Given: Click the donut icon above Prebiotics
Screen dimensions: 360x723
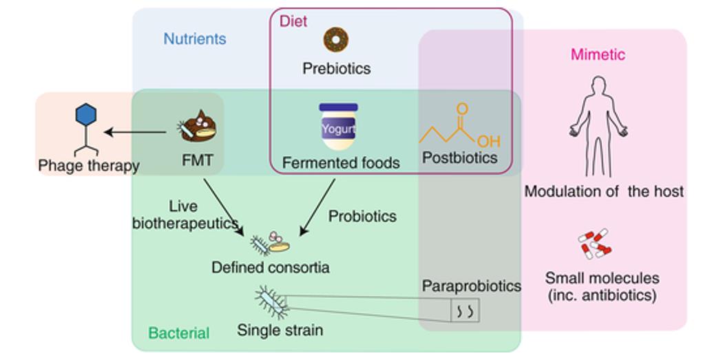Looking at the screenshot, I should (x=336, y=40).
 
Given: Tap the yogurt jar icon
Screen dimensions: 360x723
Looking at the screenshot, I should (x=338, y=127).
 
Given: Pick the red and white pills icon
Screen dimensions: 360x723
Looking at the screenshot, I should (x=594, y=244).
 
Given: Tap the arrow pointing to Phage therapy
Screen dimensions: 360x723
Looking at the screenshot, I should (x=135, y=132).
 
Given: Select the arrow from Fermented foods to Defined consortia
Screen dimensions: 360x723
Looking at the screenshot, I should (x=317, y=207).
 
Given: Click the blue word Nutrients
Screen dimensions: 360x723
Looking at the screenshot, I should (x=195, y=39).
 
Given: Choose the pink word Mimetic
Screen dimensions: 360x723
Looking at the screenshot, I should (x=598, y=54).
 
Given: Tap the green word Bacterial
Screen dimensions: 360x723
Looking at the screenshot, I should (x=179, y=333).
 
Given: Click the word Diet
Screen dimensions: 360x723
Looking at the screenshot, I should (x=293, y=21).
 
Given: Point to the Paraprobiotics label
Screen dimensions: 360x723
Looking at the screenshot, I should (x=471, y=286).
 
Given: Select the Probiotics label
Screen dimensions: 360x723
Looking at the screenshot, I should (x=362, y=216).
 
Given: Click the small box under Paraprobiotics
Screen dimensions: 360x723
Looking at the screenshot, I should (x=465, y=311).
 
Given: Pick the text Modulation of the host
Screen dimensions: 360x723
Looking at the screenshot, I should (x=604, y=191).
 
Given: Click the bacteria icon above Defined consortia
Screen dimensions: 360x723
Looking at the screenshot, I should (x=270, y=242).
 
